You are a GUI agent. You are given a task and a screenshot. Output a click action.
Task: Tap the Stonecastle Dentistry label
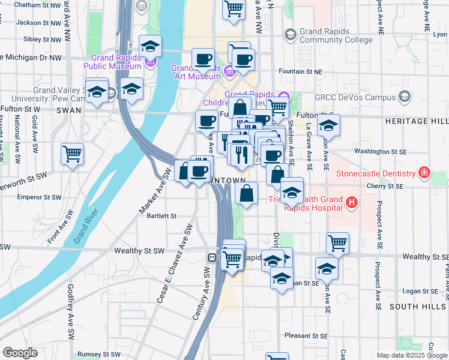coord(385,174)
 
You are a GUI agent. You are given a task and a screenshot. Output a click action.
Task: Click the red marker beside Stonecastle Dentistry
coord(424,174)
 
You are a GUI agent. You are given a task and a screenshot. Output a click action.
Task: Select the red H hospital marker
coord(352,204)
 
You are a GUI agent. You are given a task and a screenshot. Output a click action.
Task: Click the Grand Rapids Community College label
coord(328,35)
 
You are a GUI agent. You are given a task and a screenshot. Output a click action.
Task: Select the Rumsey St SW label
coord(100,355)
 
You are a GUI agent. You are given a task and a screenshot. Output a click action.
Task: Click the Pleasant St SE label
coord(306,336)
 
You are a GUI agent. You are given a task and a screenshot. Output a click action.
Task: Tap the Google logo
coord(20,353)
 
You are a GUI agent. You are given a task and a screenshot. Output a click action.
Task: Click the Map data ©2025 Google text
coord(411,355)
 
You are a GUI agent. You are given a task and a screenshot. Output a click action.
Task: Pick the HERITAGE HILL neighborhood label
coord(421,121)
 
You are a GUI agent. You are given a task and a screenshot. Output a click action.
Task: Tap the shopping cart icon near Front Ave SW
coord(72,154)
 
